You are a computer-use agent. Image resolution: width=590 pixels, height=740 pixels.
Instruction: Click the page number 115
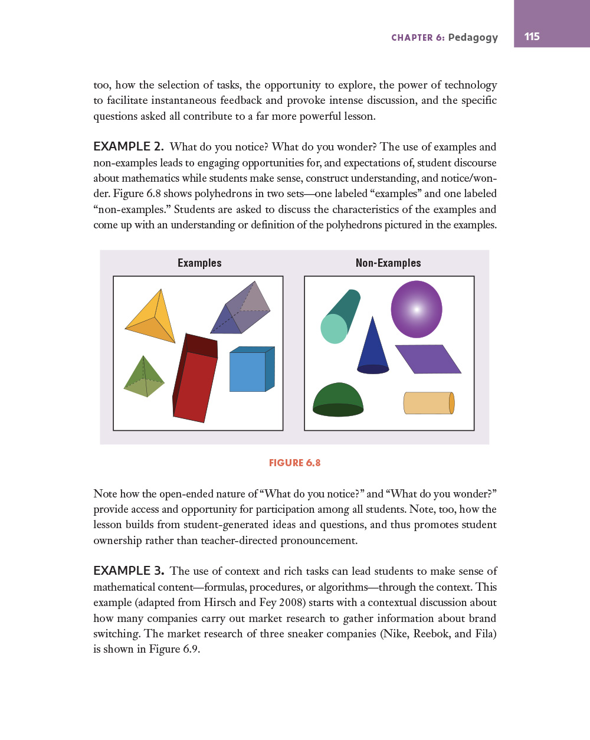click(532, 37)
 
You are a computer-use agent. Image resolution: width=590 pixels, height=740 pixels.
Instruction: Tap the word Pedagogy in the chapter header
click(473, 37)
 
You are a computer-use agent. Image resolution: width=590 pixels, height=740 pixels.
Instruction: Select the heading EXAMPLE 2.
click(128, 146)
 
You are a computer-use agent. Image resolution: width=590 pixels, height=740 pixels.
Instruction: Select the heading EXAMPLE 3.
click(128, 571)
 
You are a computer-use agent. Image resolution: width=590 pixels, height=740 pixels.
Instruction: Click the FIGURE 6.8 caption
click(294, 463)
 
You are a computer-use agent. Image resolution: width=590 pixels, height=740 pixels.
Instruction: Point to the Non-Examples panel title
click(388, 263)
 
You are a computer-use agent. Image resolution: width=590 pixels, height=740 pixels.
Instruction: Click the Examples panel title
click(199, 263)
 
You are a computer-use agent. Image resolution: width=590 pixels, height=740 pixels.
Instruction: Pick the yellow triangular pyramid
click(153, 319)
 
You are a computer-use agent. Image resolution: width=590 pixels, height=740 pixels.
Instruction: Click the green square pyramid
click(144, 379)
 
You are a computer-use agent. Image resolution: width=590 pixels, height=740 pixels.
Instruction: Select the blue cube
click(250, 371)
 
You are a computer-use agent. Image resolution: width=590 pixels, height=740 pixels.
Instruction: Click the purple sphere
click(417, 309)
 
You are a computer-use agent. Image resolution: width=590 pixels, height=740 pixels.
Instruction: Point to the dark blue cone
click(373, 348)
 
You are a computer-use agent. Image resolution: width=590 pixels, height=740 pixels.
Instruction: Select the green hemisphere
click(337, 400)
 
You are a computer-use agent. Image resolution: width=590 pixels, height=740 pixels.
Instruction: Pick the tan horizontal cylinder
click(428, 403)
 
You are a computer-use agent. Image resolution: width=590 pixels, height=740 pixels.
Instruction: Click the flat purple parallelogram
click(428, 359)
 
